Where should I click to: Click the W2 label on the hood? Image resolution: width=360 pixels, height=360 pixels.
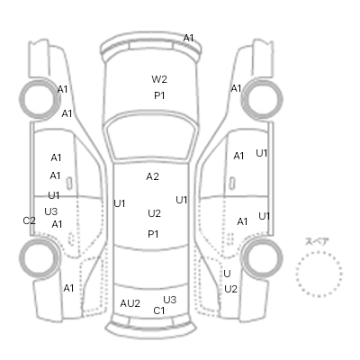[x=159, y=79]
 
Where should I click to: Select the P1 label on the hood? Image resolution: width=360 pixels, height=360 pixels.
[x=159, y=95]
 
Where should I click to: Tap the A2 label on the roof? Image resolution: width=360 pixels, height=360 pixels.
[x=152, y=176]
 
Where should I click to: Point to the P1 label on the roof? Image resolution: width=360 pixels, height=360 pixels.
[x=153, y=234]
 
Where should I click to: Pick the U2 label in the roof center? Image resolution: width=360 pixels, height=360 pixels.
[x=154, y=213]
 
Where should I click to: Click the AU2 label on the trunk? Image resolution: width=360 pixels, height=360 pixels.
[x=130, y=303]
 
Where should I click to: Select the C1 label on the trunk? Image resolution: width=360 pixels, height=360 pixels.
[x=159, y=310]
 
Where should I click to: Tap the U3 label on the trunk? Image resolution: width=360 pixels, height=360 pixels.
[x=170, y=300]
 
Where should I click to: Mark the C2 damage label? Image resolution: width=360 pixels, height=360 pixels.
[x=29, y=220]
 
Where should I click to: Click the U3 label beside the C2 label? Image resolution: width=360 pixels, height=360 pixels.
[x=51, y=211]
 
